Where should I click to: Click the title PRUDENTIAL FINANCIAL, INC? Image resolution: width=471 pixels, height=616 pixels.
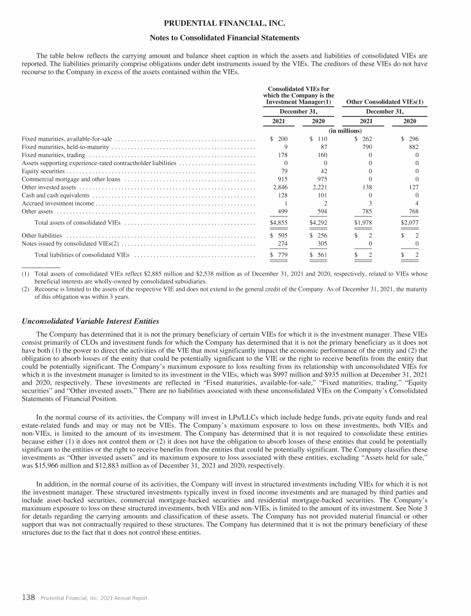pyautogui.click(x=235, y=24)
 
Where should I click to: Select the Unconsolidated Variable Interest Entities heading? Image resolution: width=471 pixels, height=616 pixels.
pyautogui.click(x=90, y=321)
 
